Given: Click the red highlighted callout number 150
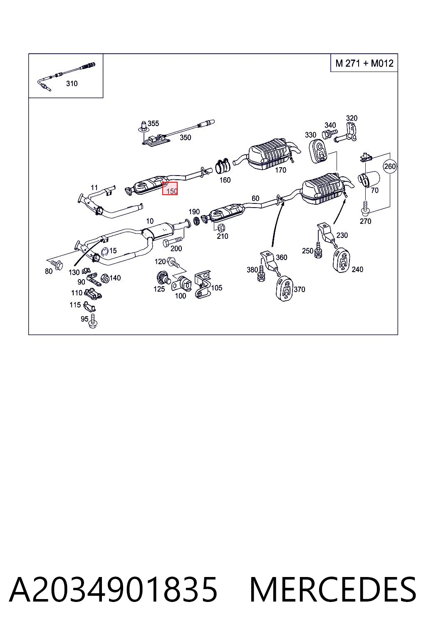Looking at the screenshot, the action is tap(171, 191).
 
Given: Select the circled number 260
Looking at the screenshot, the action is tap(389, 166).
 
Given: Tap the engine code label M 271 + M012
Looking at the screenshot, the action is tap(364, 63).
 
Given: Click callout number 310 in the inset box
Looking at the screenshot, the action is tap(72, 84).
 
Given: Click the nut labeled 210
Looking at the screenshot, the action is tap(221, 228).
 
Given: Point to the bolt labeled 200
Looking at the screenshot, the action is tap(172, 241).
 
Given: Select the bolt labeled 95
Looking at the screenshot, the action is tap(93, 321).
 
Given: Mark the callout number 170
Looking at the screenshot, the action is tap(280, 170).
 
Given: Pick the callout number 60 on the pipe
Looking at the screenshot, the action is tap(255, 198).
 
